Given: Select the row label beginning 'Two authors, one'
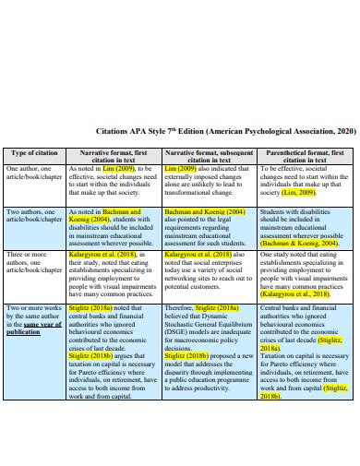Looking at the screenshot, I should pyautogui.click(x=32, y=214).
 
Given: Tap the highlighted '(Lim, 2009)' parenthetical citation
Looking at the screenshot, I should pyautogui.click(x=300, y=193).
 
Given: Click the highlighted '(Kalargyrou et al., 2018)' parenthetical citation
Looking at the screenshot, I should pyautogui.click(x=295, y=267).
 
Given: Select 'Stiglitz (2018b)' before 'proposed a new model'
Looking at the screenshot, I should pyautogui.click(x=187, y=326).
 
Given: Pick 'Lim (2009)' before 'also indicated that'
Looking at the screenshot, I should pyautogui.click(x=180, y=169).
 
